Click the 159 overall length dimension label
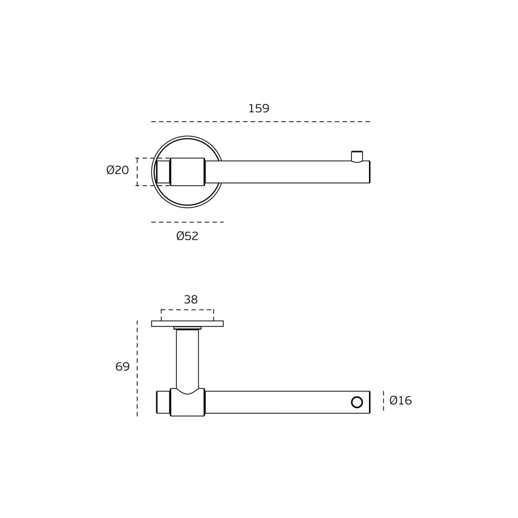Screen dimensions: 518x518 (x=259, y=108)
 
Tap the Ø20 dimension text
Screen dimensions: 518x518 (x=118, y=170)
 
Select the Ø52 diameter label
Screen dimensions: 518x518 (x=187, y=236)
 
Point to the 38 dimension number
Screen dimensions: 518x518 (x=191, y=300)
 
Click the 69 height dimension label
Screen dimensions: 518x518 (x=122, y=366)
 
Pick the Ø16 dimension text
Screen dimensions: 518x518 (x=401, y=401)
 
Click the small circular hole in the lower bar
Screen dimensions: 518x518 (x=357, y=402)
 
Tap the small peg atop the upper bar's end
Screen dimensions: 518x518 (x=357, y=157)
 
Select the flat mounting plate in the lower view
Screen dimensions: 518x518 (x=187, y=324)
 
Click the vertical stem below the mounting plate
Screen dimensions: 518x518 (x=187, y=359)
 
